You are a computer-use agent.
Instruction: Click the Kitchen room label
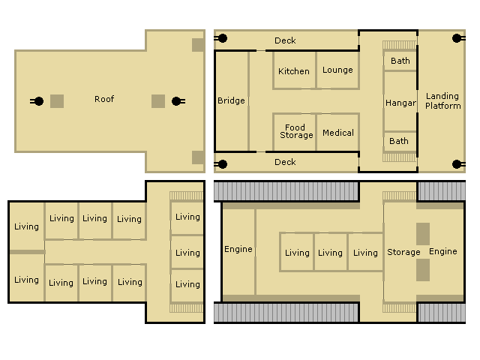coord(294,71)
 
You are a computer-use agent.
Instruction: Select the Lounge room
coord(337,70)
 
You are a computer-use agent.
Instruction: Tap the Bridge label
coord(231,100)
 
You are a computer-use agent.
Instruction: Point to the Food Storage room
coord(295,132)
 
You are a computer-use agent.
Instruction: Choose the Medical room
coord(337,132)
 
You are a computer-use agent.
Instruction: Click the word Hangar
coord(400,103)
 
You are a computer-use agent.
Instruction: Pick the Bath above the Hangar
coord(400,61)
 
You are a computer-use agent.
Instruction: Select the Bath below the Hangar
coord(399,141)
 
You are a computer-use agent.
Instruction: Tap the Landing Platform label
coord(442,100)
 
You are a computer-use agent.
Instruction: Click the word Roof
coord(104,99)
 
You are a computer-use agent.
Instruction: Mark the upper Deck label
coord(285,40)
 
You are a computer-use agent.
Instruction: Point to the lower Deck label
coord(285,162)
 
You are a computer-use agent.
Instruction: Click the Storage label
coord(403,252)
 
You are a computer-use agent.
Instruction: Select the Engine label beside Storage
coord(443,251)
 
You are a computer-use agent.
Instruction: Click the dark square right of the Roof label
coord(158,101)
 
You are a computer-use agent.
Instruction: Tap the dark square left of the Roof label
coord(57,101)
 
